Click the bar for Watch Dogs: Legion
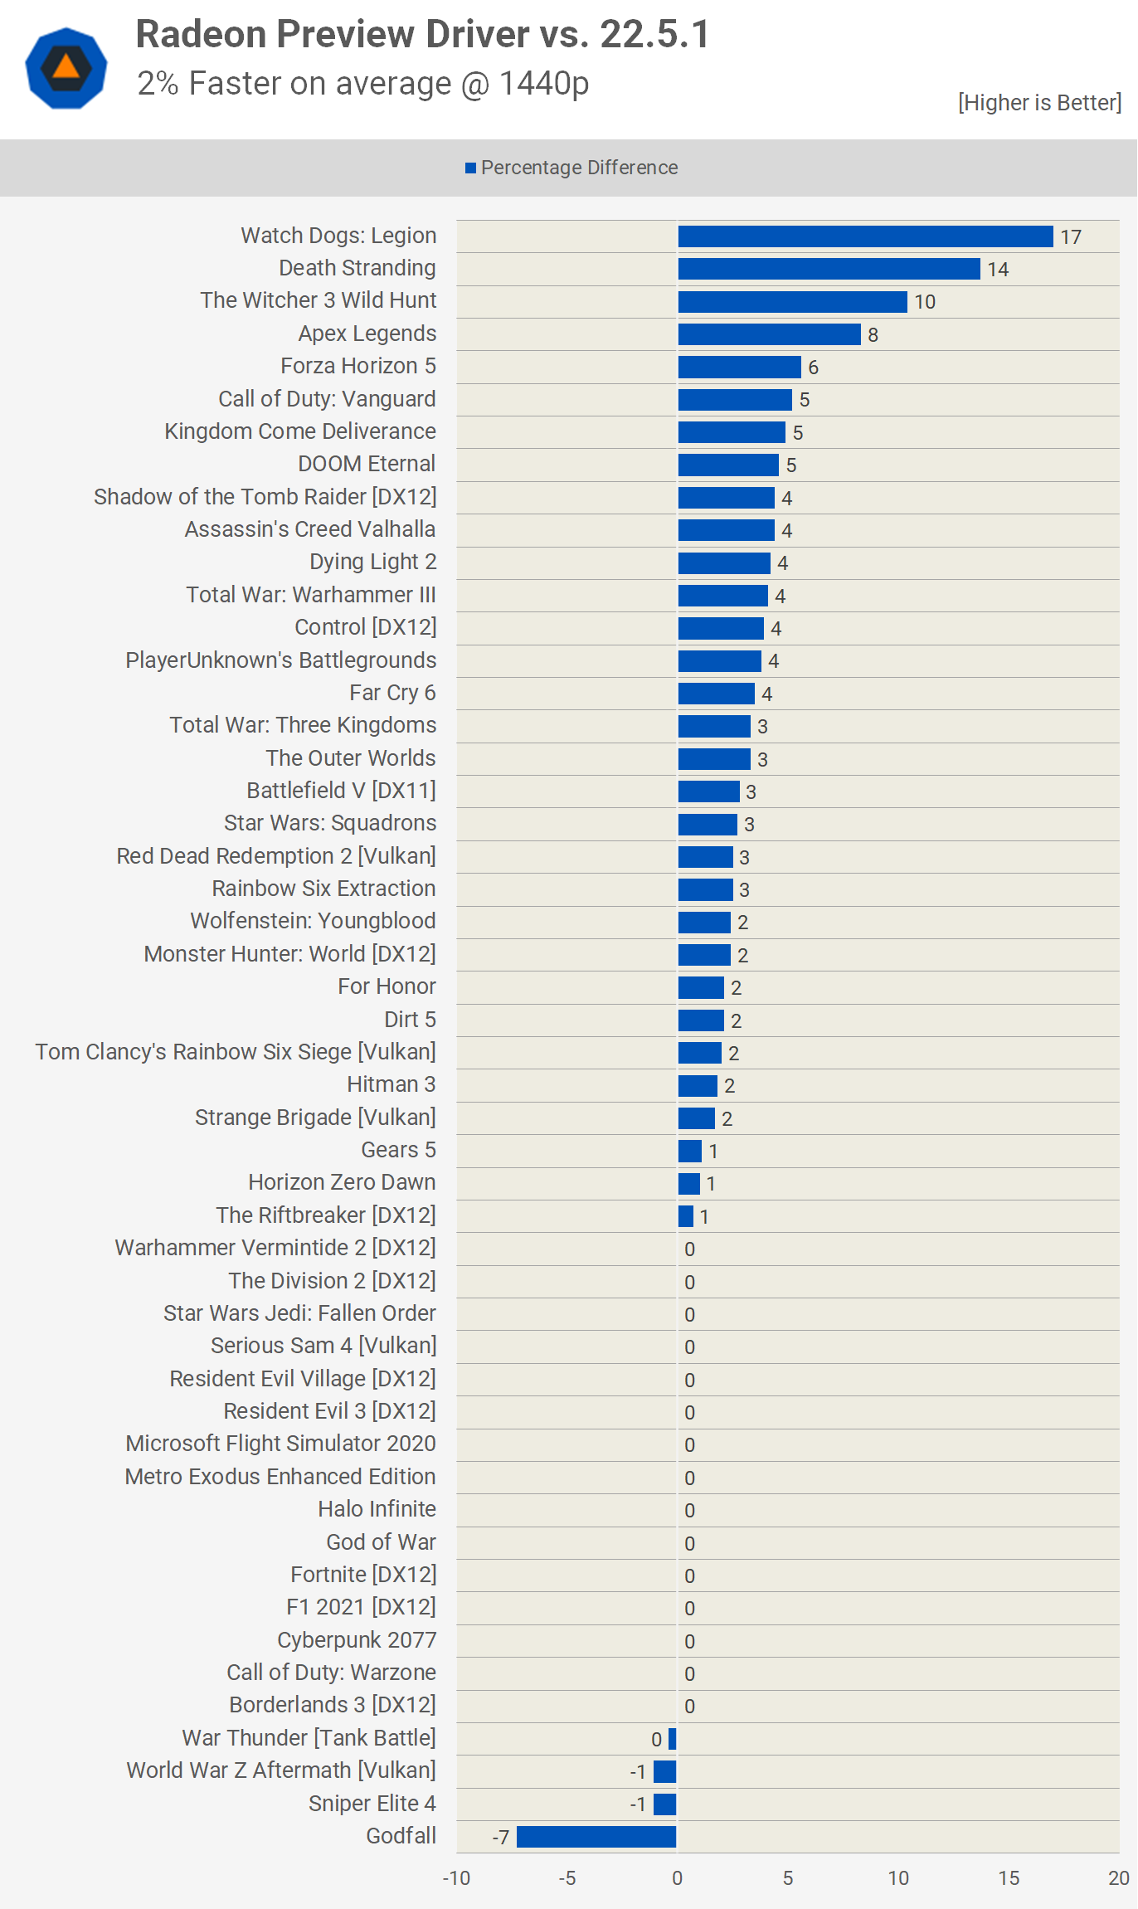pos(865,236)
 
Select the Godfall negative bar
pos(596,1837)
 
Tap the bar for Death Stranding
pos(829,269)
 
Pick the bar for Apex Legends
pos(769,334)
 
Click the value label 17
pos(1071,237)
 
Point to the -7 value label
pos(500,1838)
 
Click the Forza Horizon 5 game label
pos(357,366)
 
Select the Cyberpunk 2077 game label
pos(356,1640)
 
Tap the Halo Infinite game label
pos(377,1509)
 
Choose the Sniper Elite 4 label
pos(372,1804)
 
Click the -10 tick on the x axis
pos(456,1878)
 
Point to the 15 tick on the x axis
pos(1009,1878)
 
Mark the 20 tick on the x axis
pos(1119,1878)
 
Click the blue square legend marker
pos(470,168)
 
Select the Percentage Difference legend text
pos(579,168)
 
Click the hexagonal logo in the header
pos(66,68)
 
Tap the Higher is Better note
pos(1039,103)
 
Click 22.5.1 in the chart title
pos(654,35)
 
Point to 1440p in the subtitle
pos(543,84)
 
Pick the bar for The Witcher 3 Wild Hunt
pos(792,302)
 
